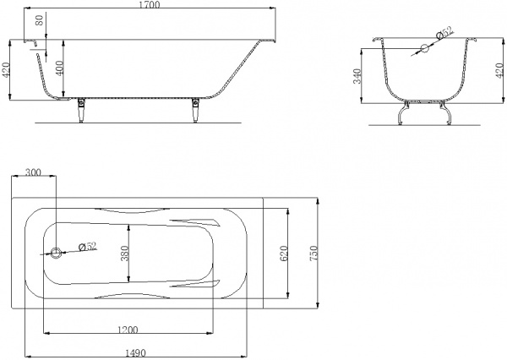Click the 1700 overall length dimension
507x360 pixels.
(150, 4)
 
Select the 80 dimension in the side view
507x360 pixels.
(39, 20)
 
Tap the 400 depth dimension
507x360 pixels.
(60, 68)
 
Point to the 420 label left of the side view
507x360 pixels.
(6, 70)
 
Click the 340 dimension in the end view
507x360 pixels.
(357, 76)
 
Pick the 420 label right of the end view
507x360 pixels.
(499, 70)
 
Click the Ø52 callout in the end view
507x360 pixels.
(445, 32)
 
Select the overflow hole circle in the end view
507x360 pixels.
(424, 48)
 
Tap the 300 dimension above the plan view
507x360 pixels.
(33, 172)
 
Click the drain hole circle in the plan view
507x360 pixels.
(56, 253)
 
